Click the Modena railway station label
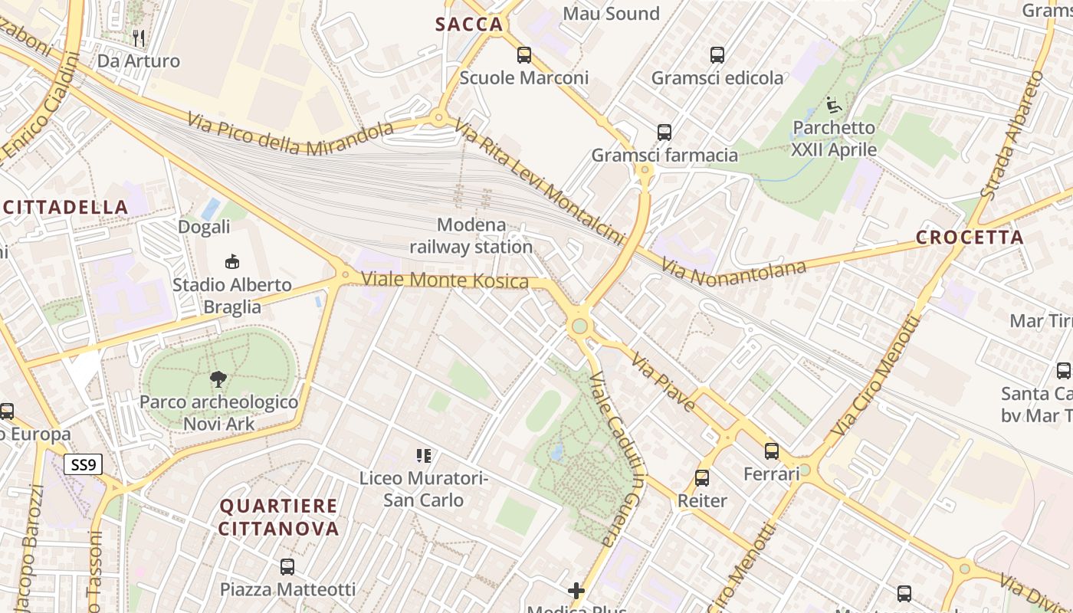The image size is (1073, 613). tap(471, 236)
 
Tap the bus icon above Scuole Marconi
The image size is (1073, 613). tap(524, 55)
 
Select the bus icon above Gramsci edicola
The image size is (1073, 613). tap(717, 55)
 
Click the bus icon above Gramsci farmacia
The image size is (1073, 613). tap(664, 133)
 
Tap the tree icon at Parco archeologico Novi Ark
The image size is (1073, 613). tap(218, 379)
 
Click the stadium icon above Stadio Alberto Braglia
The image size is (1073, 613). tap(231, 262)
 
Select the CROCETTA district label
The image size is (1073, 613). tap(970, 238)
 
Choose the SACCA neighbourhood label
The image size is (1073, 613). tap(469, 25)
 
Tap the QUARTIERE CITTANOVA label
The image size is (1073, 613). tap(278, 517)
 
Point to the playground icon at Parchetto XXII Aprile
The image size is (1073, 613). tap(834, 105)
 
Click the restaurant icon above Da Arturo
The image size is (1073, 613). tap(139, 38)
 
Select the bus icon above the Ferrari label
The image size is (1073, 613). tap(772, 451)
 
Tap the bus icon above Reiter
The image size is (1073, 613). tap(701, 478)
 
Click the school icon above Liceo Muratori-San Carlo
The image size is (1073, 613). tap(423, 457)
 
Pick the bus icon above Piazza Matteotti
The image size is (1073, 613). tap(287, 567)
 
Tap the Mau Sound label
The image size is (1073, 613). tap(611, 13)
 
